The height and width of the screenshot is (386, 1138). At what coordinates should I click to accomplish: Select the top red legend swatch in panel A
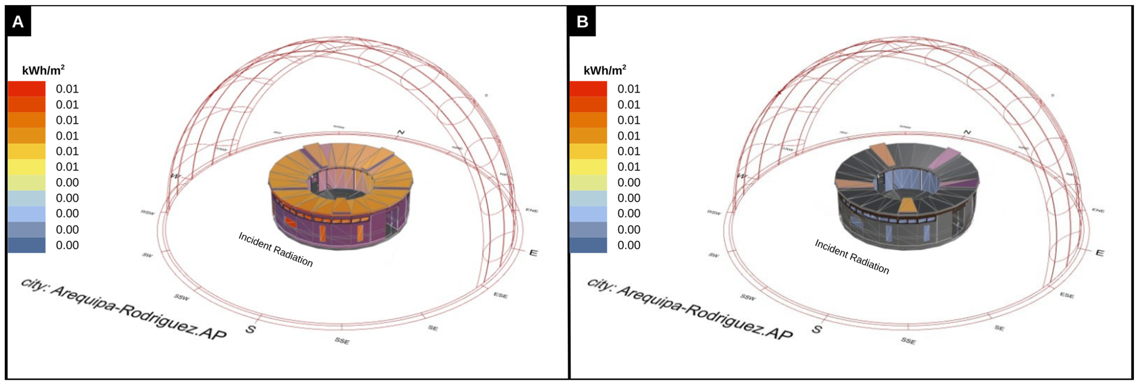(x=26, y=89)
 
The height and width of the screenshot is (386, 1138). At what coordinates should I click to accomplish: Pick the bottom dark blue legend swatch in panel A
(x=26, y=245)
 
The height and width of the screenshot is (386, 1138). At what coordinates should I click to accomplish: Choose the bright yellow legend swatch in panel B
(x=588, y=167)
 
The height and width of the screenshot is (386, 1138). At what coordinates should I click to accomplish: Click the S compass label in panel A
(x=250, y=329)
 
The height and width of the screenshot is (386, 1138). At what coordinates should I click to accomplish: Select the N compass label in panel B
(x=967, y=132)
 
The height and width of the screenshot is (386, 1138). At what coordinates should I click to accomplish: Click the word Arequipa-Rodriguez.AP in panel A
(x=139, y=315)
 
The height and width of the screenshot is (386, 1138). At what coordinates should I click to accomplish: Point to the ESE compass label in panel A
(x=501, y=295)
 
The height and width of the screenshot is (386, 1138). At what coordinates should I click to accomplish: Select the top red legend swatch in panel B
(x=588, y=89)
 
